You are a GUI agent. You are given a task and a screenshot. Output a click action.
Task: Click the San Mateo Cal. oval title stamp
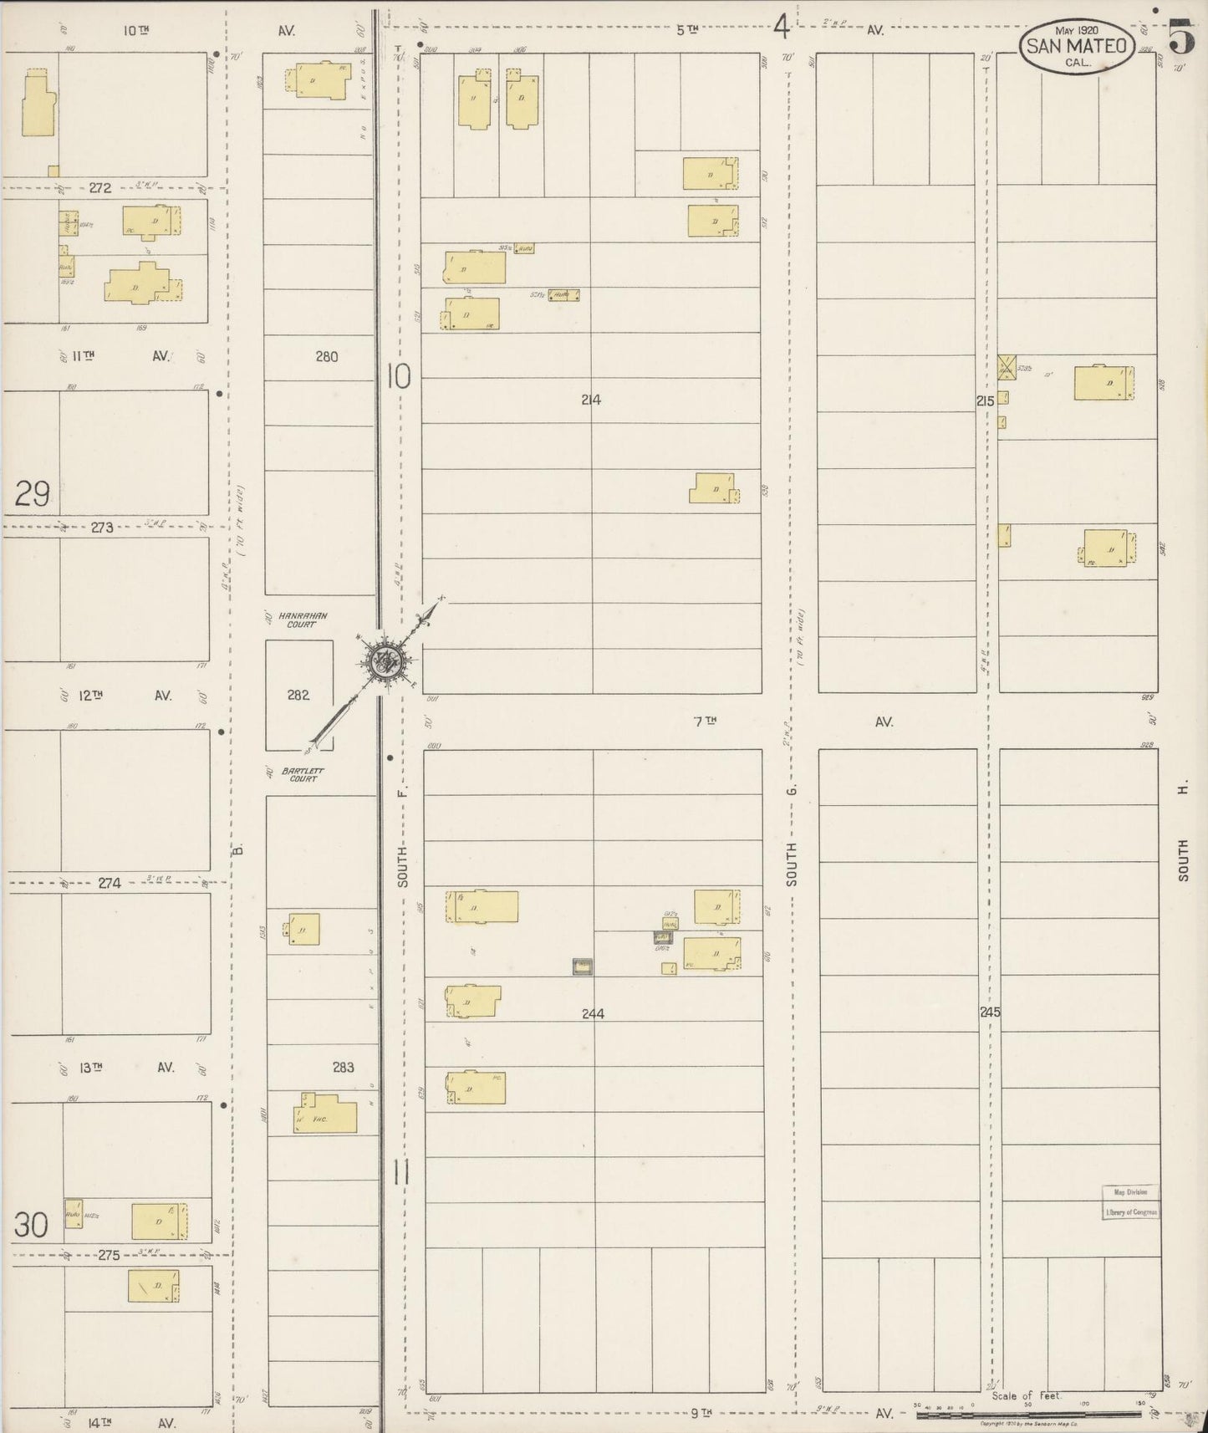[x=1076, y=46]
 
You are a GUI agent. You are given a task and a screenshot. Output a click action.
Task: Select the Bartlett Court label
[x=303, y=774]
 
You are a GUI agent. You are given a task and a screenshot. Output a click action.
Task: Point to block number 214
[x=591, y=400]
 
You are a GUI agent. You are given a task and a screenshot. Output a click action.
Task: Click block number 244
[x=593, y=1013]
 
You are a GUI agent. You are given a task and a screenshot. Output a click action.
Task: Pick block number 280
[x=326, y=357]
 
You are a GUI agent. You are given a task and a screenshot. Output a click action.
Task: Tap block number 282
[x=298, y=694]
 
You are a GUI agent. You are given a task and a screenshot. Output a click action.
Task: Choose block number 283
[x=343, y=1067]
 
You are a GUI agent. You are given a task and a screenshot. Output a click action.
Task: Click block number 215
[x=985, y=401]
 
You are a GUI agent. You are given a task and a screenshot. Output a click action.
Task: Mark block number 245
[x=990, y=1012]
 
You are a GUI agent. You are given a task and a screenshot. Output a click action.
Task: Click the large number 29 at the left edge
[x=33, y=494]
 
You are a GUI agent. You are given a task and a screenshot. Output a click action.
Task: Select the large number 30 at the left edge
[x=31, y=1225]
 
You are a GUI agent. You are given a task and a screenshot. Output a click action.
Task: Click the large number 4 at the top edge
[x=781, y=28]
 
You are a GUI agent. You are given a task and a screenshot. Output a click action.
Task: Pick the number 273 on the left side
[x=102, y=528]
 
